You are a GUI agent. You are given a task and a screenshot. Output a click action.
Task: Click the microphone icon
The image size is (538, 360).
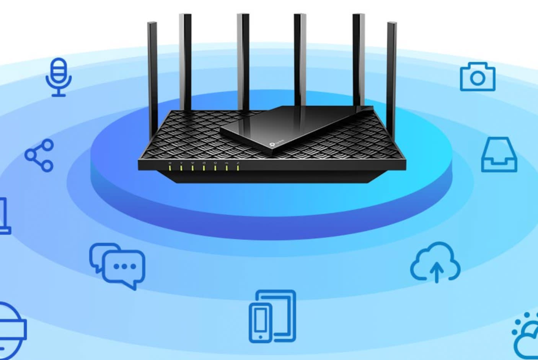click(x=59, y=77)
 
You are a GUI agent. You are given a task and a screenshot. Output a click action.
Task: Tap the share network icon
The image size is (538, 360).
click(x=39, y=155)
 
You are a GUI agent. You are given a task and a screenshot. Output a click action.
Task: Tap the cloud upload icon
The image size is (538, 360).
click(x=435, y=262)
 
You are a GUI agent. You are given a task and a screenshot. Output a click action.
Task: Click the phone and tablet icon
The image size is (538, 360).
click(x=272, y=316)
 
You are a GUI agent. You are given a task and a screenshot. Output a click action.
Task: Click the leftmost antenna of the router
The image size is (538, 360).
click(x=153, y=77)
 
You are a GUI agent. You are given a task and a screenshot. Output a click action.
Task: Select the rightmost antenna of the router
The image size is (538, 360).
click(x=391, y=77)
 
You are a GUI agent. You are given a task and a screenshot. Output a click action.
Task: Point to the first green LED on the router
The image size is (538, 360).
click(x=170, y=167)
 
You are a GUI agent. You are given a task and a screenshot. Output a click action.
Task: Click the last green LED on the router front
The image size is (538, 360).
click(x=238, y=167)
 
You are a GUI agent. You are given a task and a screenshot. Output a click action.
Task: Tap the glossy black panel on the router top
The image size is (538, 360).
click(x=291, y=126)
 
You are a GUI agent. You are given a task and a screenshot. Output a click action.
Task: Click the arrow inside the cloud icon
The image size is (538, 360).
click(x=436, y=271)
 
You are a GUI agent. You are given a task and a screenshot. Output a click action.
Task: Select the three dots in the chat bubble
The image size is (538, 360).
click(x=125, y=266)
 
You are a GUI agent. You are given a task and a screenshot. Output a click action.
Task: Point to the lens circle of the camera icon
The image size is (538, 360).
click(x=477, y=79)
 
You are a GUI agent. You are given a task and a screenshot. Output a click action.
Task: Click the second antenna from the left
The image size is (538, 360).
click(x=185, y=61)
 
